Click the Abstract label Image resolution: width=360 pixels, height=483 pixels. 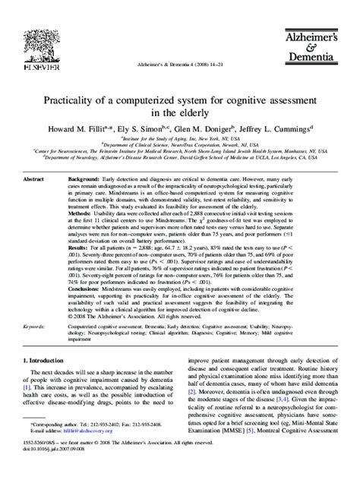pyautogui.click(x=35, y=179)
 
